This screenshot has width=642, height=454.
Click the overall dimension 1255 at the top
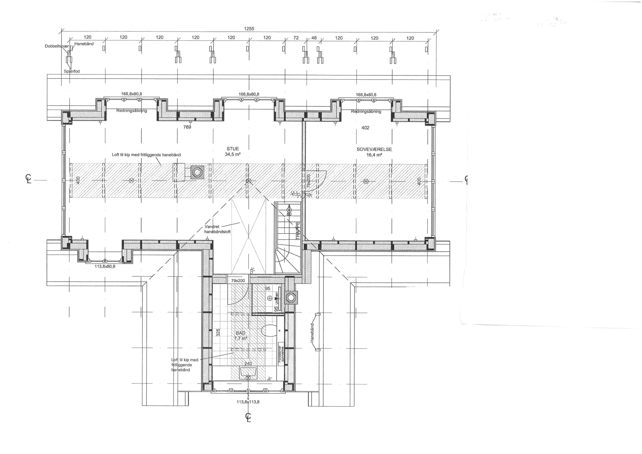(249, 29)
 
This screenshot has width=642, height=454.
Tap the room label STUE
(233, 149)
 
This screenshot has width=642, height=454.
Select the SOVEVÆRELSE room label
(374, 149)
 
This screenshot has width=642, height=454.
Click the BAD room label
(240, 333)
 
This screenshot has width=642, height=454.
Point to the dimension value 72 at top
(296, 38)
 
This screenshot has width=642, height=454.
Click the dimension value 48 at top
(314, 38)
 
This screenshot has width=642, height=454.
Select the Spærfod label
(72, 71)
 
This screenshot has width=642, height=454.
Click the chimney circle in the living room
(198, 172)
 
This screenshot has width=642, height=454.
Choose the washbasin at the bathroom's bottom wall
(248, 371)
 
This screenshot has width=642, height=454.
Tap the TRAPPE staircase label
(298, 231)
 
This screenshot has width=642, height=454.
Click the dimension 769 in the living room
(187, 127)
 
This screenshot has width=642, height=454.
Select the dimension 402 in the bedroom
(365, 128)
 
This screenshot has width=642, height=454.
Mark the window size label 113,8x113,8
(248, 402)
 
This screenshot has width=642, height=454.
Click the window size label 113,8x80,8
(105, 266)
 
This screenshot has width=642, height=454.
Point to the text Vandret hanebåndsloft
(217, 229)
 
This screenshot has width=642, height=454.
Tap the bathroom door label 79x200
(238, 281)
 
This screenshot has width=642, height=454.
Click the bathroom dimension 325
(218, 332)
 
